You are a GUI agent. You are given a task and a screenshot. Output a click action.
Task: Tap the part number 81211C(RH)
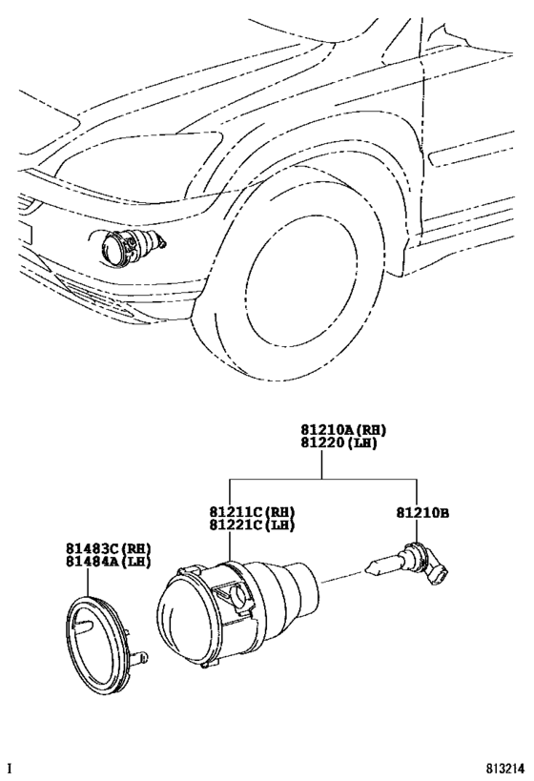click(252, 512)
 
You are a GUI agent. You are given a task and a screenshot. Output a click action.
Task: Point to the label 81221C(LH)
click(252, 525)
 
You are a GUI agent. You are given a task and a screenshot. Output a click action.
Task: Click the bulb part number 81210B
click(422, 512)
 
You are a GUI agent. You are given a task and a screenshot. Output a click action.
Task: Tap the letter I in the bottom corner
click(10, 768)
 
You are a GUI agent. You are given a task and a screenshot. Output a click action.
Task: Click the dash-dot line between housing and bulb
click(345, 575)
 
